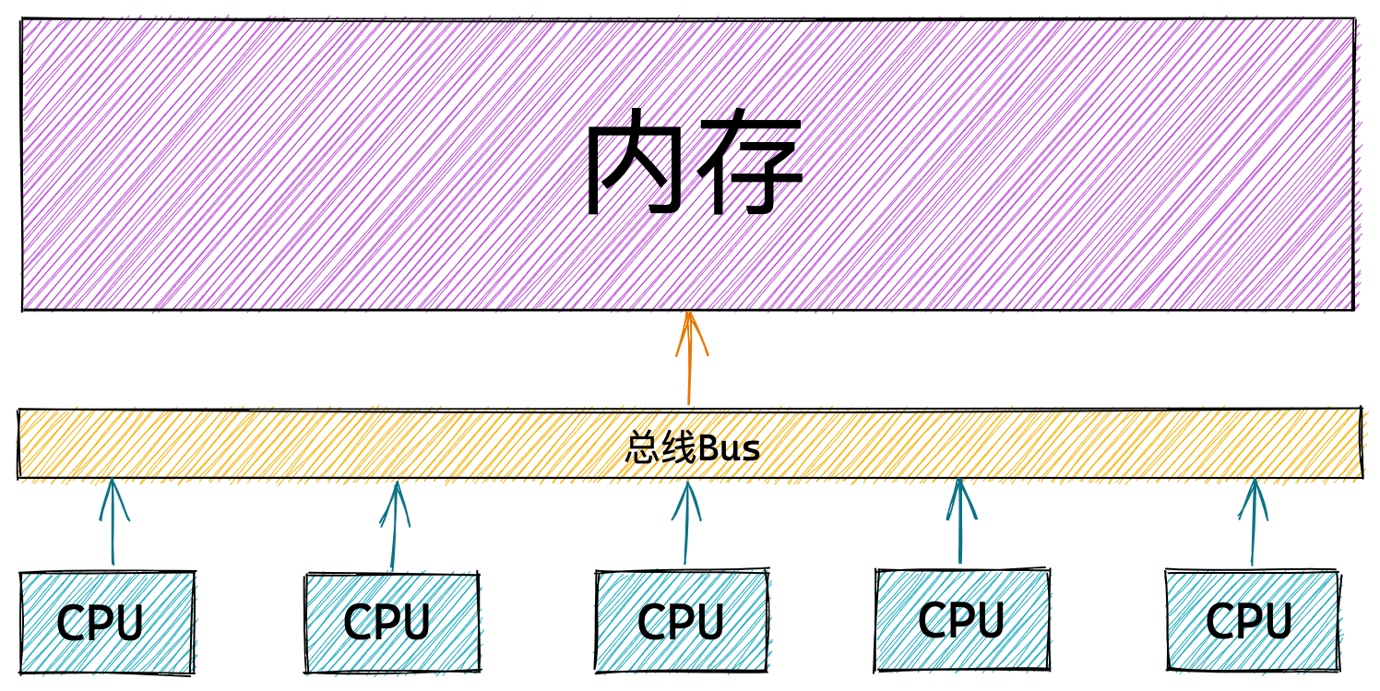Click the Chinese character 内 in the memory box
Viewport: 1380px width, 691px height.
click(x=636, y=161)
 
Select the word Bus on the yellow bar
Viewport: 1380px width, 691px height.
click(x=730, y=448)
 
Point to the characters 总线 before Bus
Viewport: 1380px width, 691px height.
click(x=661, y=448)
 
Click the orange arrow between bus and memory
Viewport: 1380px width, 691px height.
click(x=689, y=358)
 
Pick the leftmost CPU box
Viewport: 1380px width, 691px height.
click(x=107, y=623)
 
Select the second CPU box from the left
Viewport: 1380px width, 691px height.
click(x=392, y=623)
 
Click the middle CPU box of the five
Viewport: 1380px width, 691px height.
click(x=682, y=621)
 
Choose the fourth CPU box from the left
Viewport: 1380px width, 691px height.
click(x=962, y=619)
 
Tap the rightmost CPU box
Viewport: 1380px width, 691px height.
click(x=1253, y=620)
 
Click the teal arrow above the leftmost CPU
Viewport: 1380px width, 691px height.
click(x=113, y=522)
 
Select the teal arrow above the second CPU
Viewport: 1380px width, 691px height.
click(x=394, y=526)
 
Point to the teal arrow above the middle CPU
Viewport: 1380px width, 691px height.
click(x=686, y=523)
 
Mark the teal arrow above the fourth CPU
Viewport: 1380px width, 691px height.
click(x=960, y=521)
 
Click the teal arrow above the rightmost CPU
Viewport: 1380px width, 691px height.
click(x=1253, y=522)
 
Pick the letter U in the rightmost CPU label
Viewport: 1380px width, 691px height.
click(x=1276, y=621)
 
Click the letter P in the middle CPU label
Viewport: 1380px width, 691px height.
click(x=679, y=621)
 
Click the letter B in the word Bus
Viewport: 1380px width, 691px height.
click(x=709, y=448)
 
